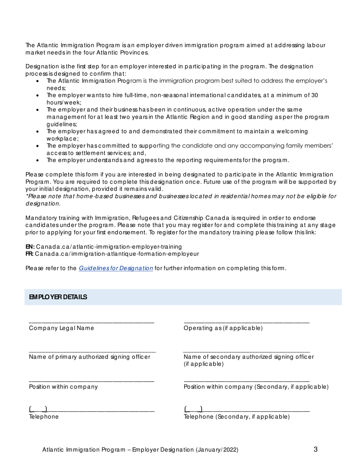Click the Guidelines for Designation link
pyautogui.click(x=116, y=268)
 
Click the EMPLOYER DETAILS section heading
pyautogui.click(x=58, y=297)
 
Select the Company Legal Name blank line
pyautogui.click(x=92, y=322)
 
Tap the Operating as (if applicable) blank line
pyautogui.click(x=247, y=322)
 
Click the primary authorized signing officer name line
pyautogui.click(x=92, y=351)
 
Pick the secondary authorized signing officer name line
pyautogui.click(x=247, y=351)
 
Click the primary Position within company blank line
pyautogui.click(x=92, y=380)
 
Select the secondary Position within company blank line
pyautogui.click(x=247, y=380)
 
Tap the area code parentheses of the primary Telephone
pyautogui.click(x=38, y=409)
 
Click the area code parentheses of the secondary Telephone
pyautogui.click(x=193, y=409)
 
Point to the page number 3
pyautogui.click(x=316, y=450)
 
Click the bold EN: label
pyautogui.click(x=30, y=247)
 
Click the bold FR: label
pyautogui.click(x=30, y=254)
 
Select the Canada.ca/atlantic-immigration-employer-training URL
pyautogui.click(x=109, y=247)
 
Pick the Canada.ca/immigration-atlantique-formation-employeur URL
pyautogui.click(x=117, y=254)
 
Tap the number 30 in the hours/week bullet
pyautogui.click(x=314, y=95)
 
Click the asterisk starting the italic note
pyautogui.click(x=27, y=196)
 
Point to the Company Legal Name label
pyautogui.click(x=61, y=328)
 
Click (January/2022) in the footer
pyautogui.click(x=217, y=450)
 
